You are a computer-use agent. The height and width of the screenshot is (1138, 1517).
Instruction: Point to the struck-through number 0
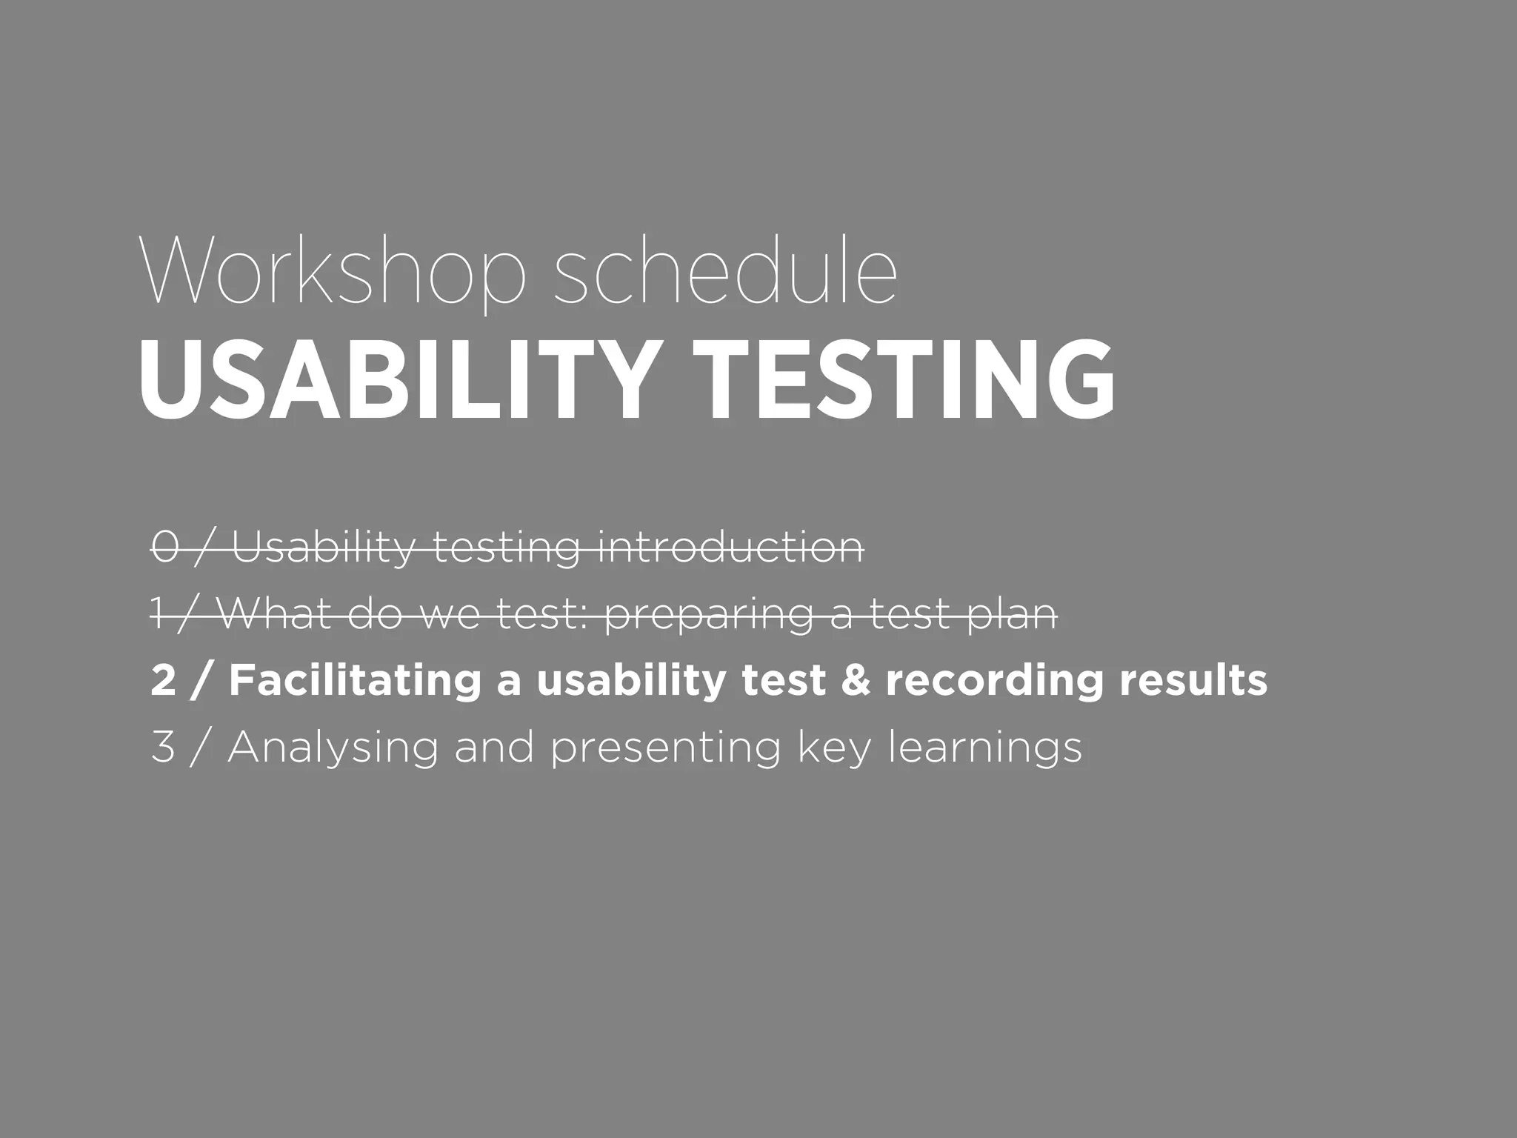[x=164, y=548]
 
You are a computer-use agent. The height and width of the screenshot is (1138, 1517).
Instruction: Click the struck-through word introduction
[x=730, y=548]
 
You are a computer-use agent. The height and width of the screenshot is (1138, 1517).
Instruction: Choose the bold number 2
[x=164, y=681]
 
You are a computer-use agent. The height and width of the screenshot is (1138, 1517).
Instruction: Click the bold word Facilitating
[x=355, y=681]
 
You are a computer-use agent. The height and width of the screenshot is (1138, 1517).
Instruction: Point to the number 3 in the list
[x=163, y=748]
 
